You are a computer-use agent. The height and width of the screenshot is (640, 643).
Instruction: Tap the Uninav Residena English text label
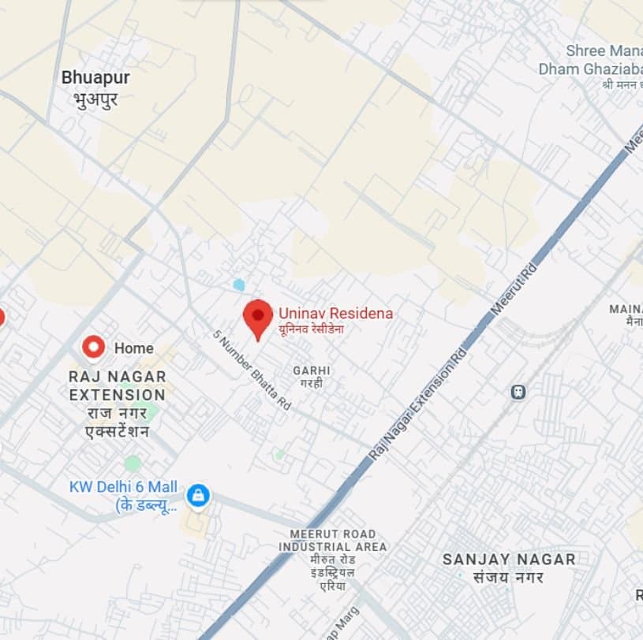(335, 314)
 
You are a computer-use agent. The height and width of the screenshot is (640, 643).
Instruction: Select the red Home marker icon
(94, 347)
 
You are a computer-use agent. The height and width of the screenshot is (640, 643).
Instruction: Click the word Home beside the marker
(133, 348)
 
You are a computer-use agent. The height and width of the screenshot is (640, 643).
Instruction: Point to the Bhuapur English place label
(95, 78)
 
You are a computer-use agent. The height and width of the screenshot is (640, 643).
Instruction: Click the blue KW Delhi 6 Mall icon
(198, 495)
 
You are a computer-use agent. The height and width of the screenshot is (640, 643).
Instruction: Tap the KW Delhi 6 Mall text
(123, 487)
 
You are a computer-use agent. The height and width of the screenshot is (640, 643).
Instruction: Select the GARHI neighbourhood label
(312, 370)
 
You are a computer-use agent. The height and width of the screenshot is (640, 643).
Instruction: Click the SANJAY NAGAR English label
(508, 559)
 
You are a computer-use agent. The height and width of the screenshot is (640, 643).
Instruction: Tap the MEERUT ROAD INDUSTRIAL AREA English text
(332, 541)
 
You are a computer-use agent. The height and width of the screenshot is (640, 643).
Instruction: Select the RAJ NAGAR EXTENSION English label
(117, 385)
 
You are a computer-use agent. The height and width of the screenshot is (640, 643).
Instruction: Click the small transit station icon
(518, 391)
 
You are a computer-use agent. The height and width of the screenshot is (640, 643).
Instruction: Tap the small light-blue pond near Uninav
(239, 285)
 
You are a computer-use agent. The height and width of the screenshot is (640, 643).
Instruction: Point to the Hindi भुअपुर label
(95, 99)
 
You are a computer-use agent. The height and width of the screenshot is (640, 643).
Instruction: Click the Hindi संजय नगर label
(508, 577)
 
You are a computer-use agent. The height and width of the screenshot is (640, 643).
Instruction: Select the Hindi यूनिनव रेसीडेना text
(311, 329)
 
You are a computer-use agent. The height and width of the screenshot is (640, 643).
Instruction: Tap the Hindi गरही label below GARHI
(311, 383)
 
